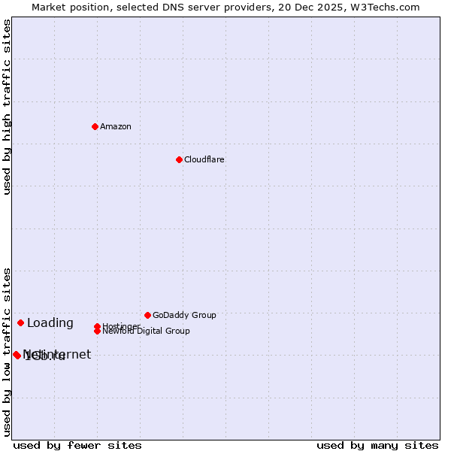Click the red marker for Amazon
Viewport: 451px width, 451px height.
click(95, 126)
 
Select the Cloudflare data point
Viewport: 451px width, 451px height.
click(179, 159)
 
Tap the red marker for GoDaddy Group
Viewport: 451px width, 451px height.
click(147, 315)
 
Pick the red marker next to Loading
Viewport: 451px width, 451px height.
click(20, 322)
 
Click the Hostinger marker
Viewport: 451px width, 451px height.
click(97, 326)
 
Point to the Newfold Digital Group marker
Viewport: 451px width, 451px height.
click(97, 331)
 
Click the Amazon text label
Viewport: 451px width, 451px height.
click(116, 126)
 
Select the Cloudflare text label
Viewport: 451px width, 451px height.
click(204, 159)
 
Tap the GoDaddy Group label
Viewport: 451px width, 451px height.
click(184, 315)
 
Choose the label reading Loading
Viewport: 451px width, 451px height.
click(50, 323)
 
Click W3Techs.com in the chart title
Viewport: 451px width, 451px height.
click(383, 7)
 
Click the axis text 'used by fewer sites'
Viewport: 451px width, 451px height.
click(77, 445)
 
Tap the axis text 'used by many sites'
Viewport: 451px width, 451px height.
click(377, 445)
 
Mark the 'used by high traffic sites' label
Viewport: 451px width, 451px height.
click(7, 107)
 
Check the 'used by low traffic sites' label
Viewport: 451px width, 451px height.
click(7, 351)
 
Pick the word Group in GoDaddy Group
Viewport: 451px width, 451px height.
click(203, 315)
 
